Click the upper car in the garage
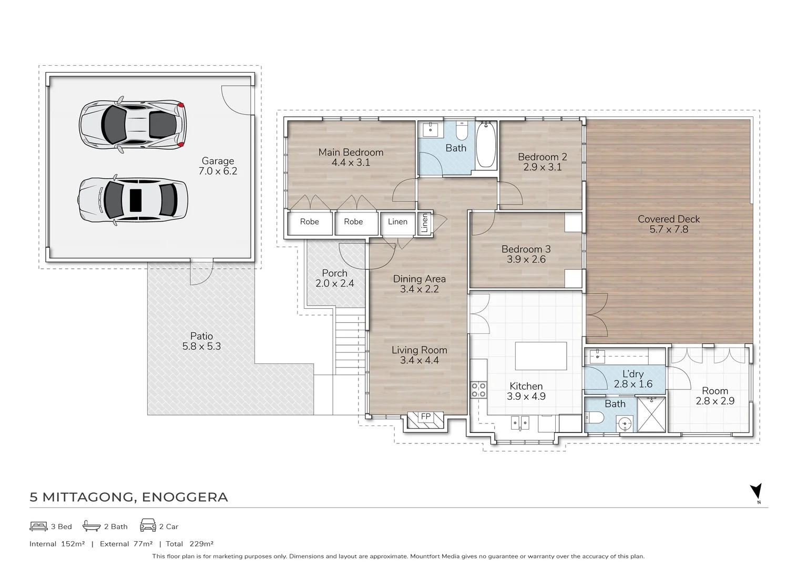tap(132, 124)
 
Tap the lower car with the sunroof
tap(132, 200)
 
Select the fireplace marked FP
tap(425, 420)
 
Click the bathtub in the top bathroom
tap(486, 145)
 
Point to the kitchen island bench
tap(541, 356)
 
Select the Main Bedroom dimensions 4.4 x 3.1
tap(351, 163)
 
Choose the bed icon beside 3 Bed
tap(38, 526)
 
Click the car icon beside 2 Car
tap(148, 525)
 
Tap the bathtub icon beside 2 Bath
tap(91, 525)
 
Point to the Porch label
tap(334, 273)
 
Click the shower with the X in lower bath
tap(651, 414)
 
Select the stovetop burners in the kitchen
tap(478, 389)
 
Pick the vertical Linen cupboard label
tap(424, 223)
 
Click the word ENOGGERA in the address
tap(185, 497)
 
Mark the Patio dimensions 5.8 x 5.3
tap(201, 346)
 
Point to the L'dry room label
tap(633, 374)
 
